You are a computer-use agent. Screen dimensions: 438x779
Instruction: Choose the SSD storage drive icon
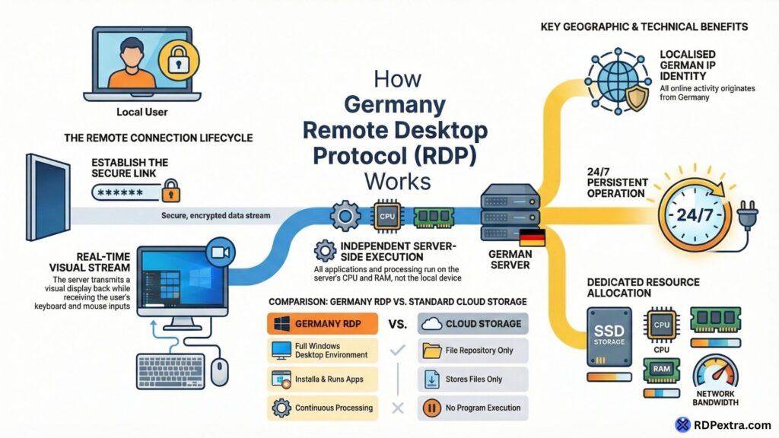[609, 337]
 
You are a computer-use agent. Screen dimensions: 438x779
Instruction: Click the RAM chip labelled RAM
[660, 370]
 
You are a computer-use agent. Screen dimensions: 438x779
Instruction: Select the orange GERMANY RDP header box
[323, 323]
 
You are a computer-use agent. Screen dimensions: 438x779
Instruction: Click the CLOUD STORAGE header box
[472, 323]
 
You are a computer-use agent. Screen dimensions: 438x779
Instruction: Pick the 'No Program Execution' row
[472, 408]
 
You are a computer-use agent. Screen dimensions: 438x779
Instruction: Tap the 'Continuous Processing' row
[323, 408]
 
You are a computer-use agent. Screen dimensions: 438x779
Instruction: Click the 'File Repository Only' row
[472, 351]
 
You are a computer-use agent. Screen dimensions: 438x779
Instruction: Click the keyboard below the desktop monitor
[170, 372]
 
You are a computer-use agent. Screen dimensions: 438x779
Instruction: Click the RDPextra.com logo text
[731, 425]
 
